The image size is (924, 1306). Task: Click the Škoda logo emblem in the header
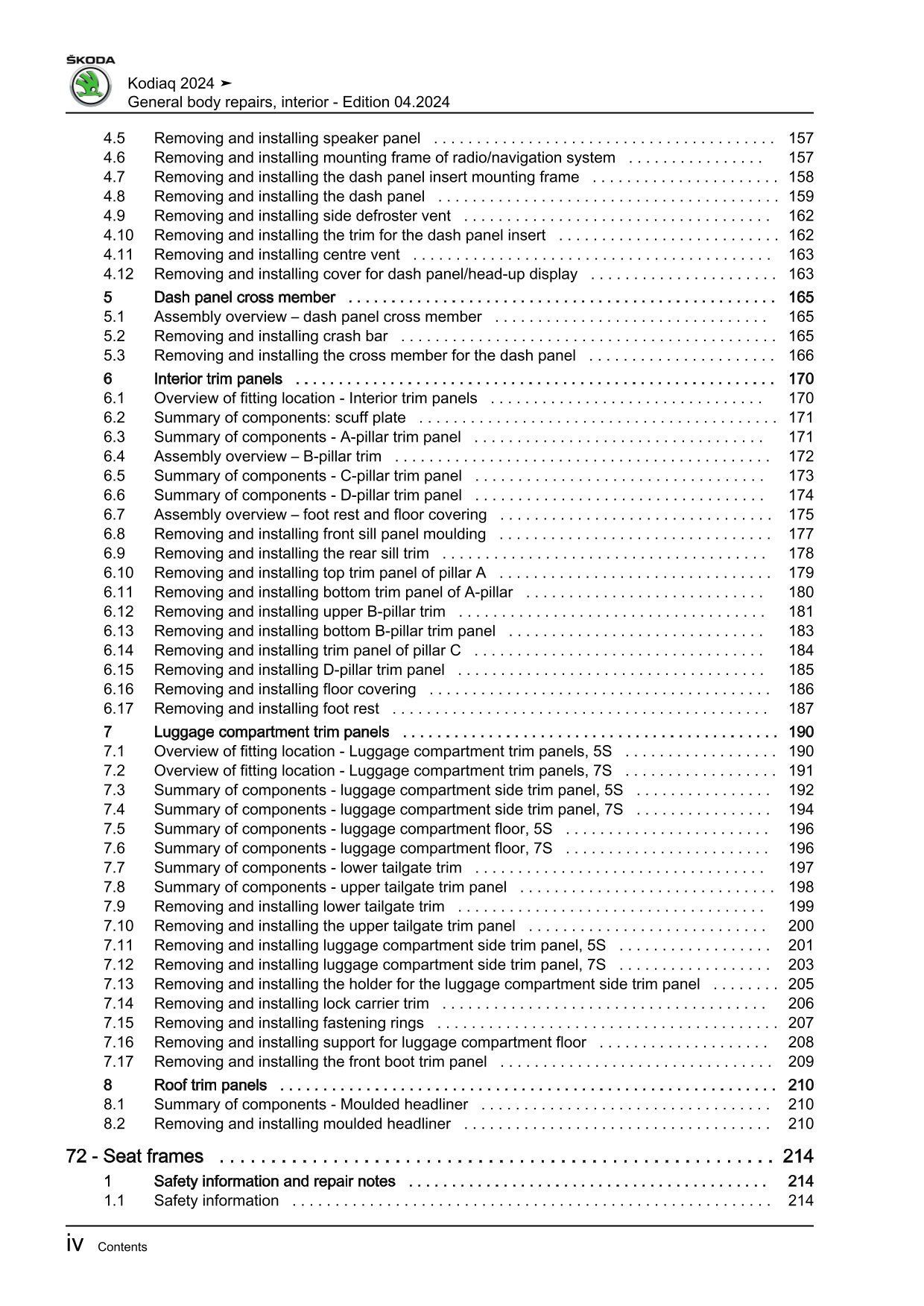[x=89, y=86]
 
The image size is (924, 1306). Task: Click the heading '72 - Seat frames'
[x=135, y=1156]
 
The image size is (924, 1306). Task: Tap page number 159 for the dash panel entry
[x=801, y=197]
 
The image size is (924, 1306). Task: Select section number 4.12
[x=118, y=274]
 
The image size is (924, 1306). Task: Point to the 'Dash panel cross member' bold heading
[x=244, y=297]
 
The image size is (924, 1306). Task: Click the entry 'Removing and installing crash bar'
[x=270, y=336]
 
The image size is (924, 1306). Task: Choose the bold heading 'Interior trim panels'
[x=218, y=378]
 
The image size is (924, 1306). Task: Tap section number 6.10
[x=118, y=573]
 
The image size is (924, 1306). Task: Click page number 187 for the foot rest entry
[x=801, y=709]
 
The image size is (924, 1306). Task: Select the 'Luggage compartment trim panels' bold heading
[x=271, y=732]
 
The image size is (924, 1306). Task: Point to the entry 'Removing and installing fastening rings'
[x=288, y=1023]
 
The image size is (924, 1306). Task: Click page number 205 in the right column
[x=801, y=984]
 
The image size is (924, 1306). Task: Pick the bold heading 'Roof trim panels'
[x=210, y=1085]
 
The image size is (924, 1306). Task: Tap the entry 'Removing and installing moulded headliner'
[x=302, y=1123]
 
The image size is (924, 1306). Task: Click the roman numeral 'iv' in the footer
[x=74, y=1245]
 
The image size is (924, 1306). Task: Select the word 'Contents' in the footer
[x=122, y=1247]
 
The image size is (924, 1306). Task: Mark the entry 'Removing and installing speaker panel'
[x=287, y=139]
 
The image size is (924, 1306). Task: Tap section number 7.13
[x=118, y=984]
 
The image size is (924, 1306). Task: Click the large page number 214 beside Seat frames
[x=798, y=1156]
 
